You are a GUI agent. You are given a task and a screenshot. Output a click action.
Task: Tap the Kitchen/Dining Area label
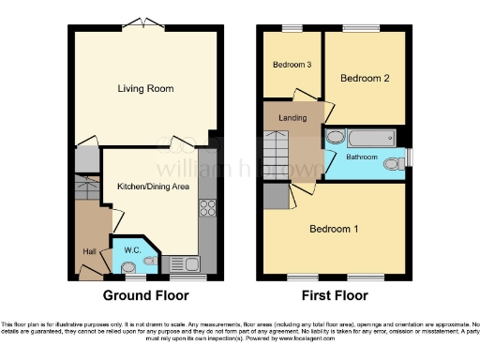(x=153, y=187)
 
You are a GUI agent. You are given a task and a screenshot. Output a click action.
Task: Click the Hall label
(x=87, y=250)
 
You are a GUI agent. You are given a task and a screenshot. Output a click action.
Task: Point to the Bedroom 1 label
(x=334, y=229)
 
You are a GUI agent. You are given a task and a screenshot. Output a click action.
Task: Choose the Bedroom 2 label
(x=365, y=79)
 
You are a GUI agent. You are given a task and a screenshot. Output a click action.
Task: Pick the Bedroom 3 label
(x=292, y=65)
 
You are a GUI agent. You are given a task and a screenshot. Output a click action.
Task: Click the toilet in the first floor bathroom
(x=399, y=160)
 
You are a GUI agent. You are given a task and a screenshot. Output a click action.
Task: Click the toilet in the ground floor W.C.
(x=129, y=267)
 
